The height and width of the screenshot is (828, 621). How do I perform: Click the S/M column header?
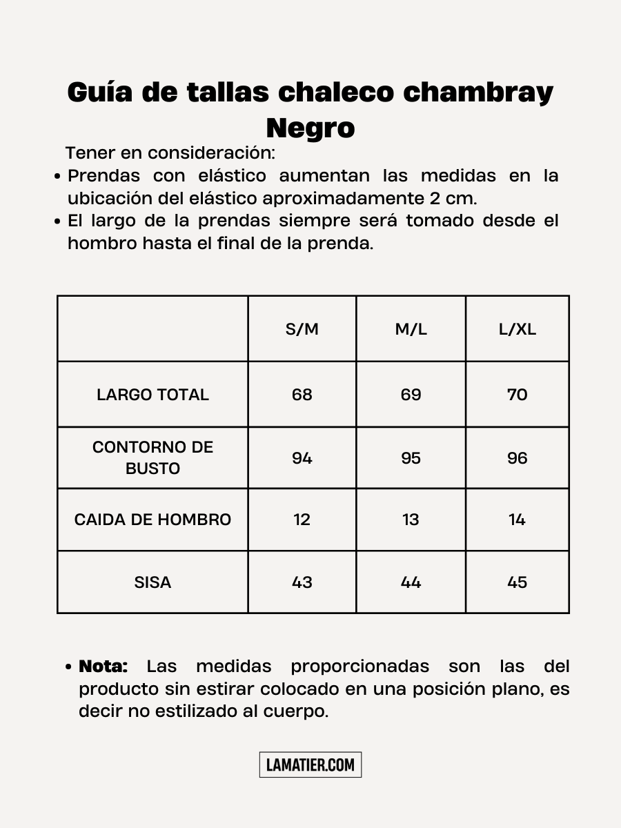click(x=302, y=329)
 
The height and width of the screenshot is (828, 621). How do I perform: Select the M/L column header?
click(x=411, y=329)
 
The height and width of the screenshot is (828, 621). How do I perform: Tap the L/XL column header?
click(x=517, y=329)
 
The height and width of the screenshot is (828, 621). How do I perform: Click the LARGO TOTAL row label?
click(x=152, y=395)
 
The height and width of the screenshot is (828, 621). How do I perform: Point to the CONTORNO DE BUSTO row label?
click(x=152, y=457)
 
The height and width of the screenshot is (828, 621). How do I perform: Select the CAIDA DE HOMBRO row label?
click(x=152, y=520)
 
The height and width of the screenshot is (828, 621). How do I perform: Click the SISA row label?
click(x=152, y=582)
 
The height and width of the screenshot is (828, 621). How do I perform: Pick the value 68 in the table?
click(x=302, y=395)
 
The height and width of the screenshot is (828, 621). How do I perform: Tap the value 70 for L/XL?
click(x=517, y=395)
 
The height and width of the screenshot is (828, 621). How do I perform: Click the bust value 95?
click(x=411, y=458)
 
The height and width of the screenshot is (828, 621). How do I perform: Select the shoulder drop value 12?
click(x=302, y=520)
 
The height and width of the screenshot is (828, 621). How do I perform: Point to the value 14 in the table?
click(x=517, y=520)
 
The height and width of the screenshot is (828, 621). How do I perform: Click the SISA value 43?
click(x=302, y=582)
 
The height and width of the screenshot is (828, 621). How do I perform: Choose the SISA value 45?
click(x=517, y=582)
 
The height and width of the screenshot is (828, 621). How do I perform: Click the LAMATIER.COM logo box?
click(x=310, y=765)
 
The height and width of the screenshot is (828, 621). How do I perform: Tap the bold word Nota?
click(x=103, y=667)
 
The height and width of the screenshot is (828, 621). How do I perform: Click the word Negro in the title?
click(x=310, y=128)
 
